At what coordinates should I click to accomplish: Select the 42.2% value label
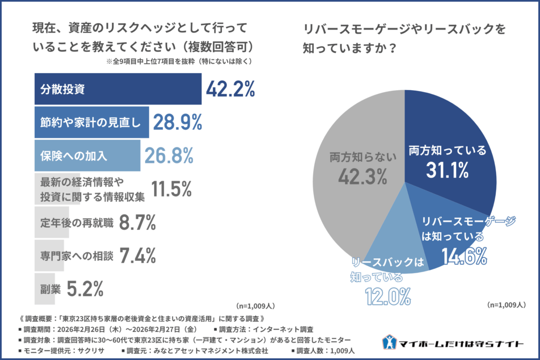[230, 89]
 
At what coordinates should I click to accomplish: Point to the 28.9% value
[178, 122]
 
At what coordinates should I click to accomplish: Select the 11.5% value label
[171, 189]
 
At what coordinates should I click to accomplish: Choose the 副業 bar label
[49, 289]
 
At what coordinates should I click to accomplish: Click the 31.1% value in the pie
[447, 170]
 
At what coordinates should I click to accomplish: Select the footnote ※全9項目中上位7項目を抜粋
[179, 61]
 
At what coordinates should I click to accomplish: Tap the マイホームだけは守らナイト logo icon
[389, 343]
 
